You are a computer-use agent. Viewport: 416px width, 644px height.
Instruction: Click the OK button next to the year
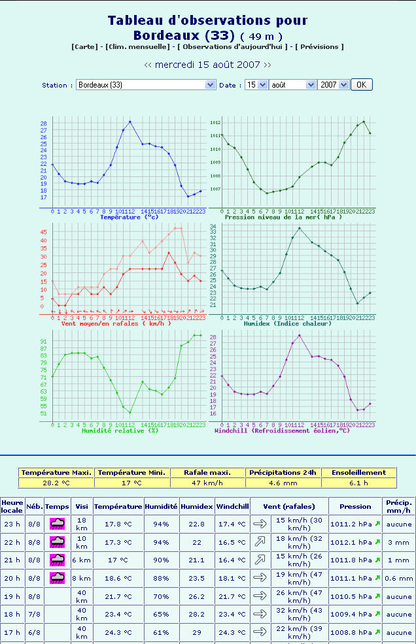point(361,85)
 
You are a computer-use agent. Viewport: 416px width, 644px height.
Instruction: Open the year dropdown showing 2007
point(333,85)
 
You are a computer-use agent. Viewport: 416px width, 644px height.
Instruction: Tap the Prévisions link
point(319,47)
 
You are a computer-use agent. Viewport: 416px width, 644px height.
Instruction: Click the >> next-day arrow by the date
point(267,65)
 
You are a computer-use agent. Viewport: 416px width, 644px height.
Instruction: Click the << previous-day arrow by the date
point(148,65)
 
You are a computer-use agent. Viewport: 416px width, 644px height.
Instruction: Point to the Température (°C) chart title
point(129,217)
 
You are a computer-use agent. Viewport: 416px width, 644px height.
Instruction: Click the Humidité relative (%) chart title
point(120,430)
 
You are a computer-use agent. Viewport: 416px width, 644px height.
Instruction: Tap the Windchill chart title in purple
point(283,430)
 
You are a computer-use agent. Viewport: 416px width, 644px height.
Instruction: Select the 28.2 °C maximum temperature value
point(56,483)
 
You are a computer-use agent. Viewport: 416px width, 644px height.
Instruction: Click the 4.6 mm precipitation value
point(284,483)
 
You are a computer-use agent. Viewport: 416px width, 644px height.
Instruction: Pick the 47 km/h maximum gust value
point(208,483)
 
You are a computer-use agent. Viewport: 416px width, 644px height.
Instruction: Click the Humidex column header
point(197,506)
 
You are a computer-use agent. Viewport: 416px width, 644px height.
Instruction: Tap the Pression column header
point(355,506)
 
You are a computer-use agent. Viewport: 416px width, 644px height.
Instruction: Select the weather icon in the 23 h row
point(58,524)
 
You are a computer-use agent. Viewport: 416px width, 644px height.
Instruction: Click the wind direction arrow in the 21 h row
point(260,560)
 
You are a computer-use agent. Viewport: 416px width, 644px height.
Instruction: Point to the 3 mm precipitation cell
point(398,542)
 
